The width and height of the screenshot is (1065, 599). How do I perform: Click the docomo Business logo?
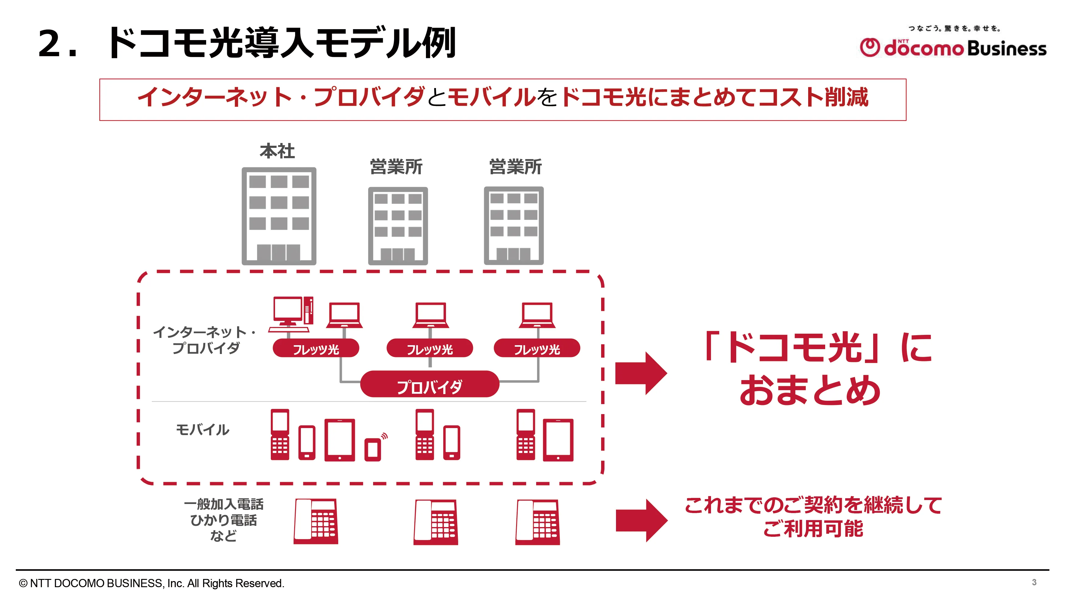pos(953,48)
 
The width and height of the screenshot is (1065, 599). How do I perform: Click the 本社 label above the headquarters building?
pos(277,151)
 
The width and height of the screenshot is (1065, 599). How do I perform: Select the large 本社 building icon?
pos(279,216)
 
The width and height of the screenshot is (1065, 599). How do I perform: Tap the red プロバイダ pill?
pos(430,384)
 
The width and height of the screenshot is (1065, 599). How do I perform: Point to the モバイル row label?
pos(202,430)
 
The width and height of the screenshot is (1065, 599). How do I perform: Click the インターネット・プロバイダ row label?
pos(205,340)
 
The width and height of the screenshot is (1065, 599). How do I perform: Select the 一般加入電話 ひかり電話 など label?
pos(223,520)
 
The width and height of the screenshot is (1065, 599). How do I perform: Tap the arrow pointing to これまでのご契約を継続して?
pos(641,520)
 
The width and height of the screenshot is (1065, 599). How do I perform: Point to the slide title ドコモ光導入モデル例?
pos(281,43)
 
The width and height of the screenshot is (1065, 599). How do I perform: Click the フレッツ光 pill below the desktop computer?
pos(316,349)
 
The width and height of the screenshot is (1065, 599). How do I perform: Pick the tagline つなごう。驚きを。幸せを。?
pos(954,29)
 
